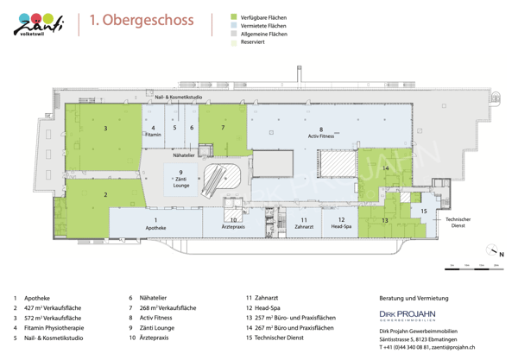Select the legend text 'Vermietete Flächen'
pos(264,26)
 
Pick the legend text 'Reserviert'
pos(252,41)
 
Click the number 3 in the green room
pos(105,128)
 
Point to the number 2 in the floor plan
pos(105,195)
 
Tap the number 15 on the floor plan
pos(423,211)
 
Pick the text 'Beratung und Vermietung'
pos(414,298)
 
